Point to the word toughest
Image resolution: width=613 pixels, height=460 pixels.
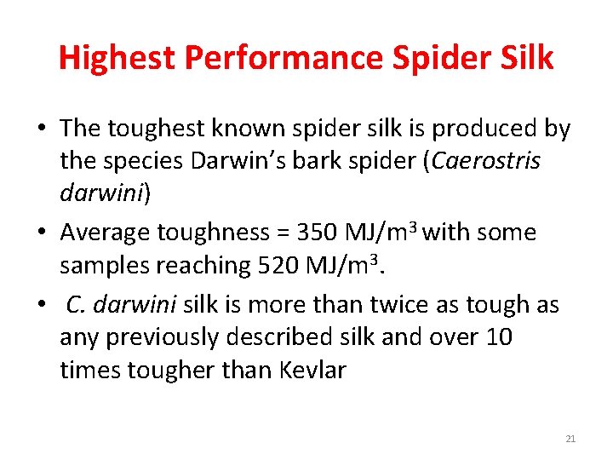click(x=157, y=129)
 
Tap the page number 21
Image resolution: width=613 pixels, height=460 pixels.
click(x=570, y=439)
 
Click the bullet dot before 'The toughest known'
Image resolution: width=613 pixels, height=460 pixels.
click(x=42, y=129)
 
